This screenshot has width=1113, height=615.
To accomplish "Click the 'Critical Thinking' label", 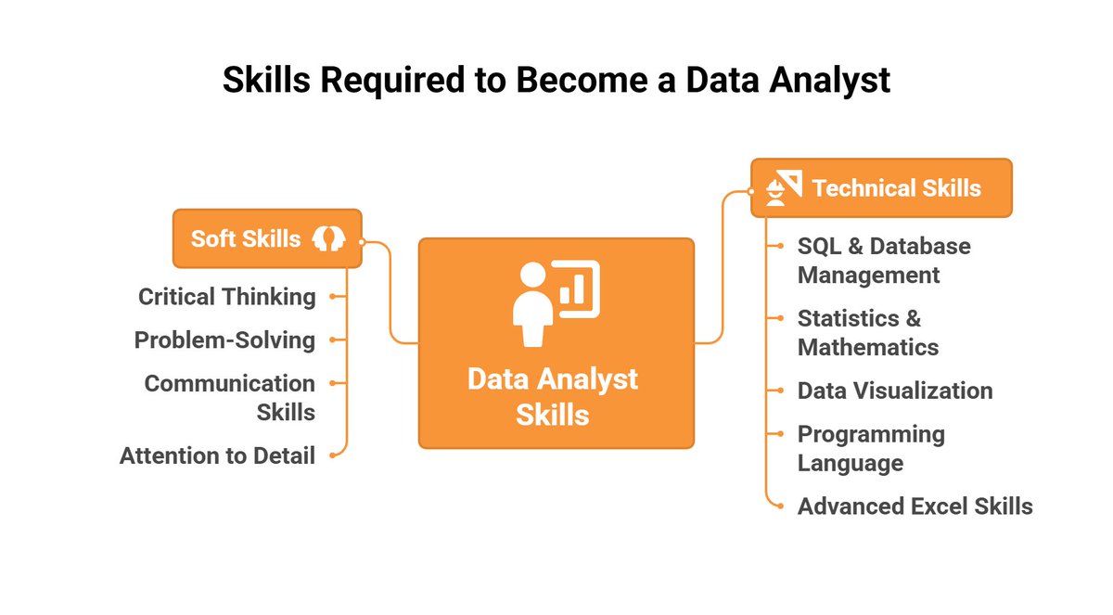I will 227,297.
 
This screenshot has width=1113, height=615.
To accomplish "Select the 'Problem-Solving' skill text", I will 224,340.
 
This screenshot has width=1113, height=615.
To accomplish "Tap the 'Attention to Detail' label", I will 217,455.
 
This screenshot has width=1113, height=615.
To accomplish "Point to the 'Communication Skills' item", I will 230,397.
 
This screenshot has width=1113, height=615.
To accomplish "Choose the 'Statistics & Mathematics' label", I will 868,333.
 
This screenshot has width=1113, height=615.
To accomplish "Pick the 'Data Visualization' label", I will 895,391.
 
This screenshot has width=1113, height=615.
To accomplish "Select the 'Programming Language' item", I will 871,448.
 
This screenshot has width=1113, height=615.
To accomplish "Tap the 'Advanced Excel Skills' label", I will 915,506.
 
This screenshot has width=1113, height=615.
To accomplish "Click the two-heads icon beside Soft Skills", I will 328,238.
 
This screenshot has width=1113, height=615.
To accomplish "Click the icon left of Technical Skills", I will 784,188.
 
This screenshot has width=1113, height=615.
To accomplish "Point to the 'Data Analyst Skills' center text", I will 553,396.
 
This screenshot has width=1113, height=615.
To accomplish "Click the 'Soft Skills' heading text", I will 246,238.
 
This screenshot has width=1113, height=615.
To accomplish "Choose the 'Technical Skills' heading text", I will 896,188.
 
